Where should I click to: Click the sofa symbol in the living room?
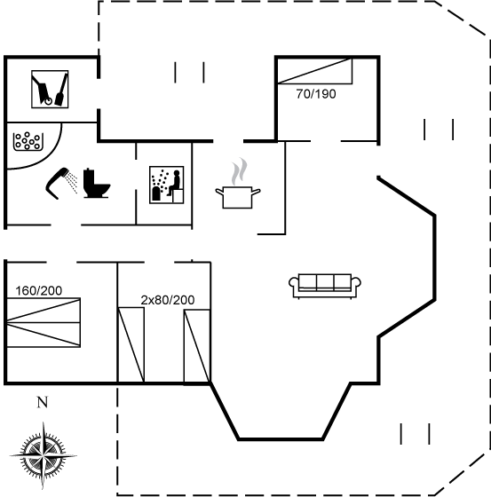325,286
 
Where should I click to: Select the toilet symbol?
97,184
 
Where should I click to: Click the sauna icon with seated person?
167,185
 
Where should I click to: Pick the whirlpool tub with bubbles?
28,141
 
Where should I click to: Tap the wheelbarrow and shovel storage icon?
50,89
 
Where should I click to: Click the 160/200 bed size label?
39,291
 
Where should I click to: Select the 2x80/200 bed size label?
168,300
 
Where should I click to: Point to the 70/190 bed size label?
316,94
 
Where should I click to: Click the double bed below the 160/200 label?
44,322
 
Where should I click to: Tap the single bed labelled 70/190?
315,71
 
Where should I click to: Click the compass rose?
44,456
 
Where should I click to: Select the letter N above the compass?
43,402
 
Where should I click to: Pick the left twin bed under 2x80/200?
131,345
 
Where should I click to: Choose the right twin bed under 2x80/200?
197,346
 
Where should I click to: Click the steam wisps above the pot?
239,171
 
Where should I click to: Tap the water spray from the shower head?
72,183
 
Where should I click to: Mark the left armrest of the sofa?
294,283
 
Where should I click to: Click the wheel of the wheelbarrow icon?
48,101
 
